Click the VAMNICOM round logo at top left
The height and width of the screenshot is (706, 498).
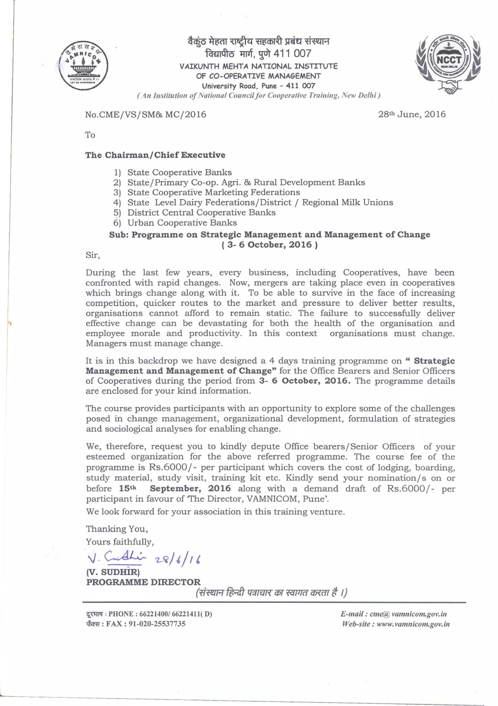[x=83, y=65]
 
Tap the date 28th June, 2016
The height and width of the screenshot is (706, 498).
[x=412, y=115]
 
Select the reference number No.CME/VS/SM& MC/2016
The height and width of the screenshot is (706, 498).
[x=145, y=115]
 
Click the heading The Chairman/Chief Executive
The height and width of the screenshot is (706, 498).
[x=155, y=155]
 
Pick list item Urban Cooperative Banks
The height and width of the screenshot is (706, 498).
[x=182, y=223]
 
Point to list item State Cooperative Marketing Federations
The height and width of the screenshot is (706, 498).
[x=213, y=193]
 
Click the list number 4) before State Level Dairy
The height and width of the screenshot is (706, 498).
[x=117, y=203]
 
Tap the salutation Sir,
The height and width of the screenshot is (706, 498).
[x=93, y=255]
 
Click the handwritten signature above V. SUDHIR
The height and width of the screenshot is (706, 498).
[x=117, y=557]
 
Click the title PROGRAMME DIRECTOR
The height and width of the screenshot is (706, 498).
[x=143, y=582]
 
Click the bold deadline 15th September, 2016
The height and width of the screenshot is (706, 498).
[x=175, y=488]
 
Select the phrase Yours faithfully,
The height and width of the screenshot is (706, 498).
[x=120, y=542]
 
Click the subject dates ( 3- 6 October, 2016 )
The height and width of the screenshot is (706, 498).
[x=269, y=245]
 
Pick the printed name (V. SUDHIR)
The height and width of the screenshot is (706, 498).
[x=113, y=572]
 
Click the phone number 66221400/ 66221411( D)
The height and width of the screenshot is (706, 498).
[x=175, y=614]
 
